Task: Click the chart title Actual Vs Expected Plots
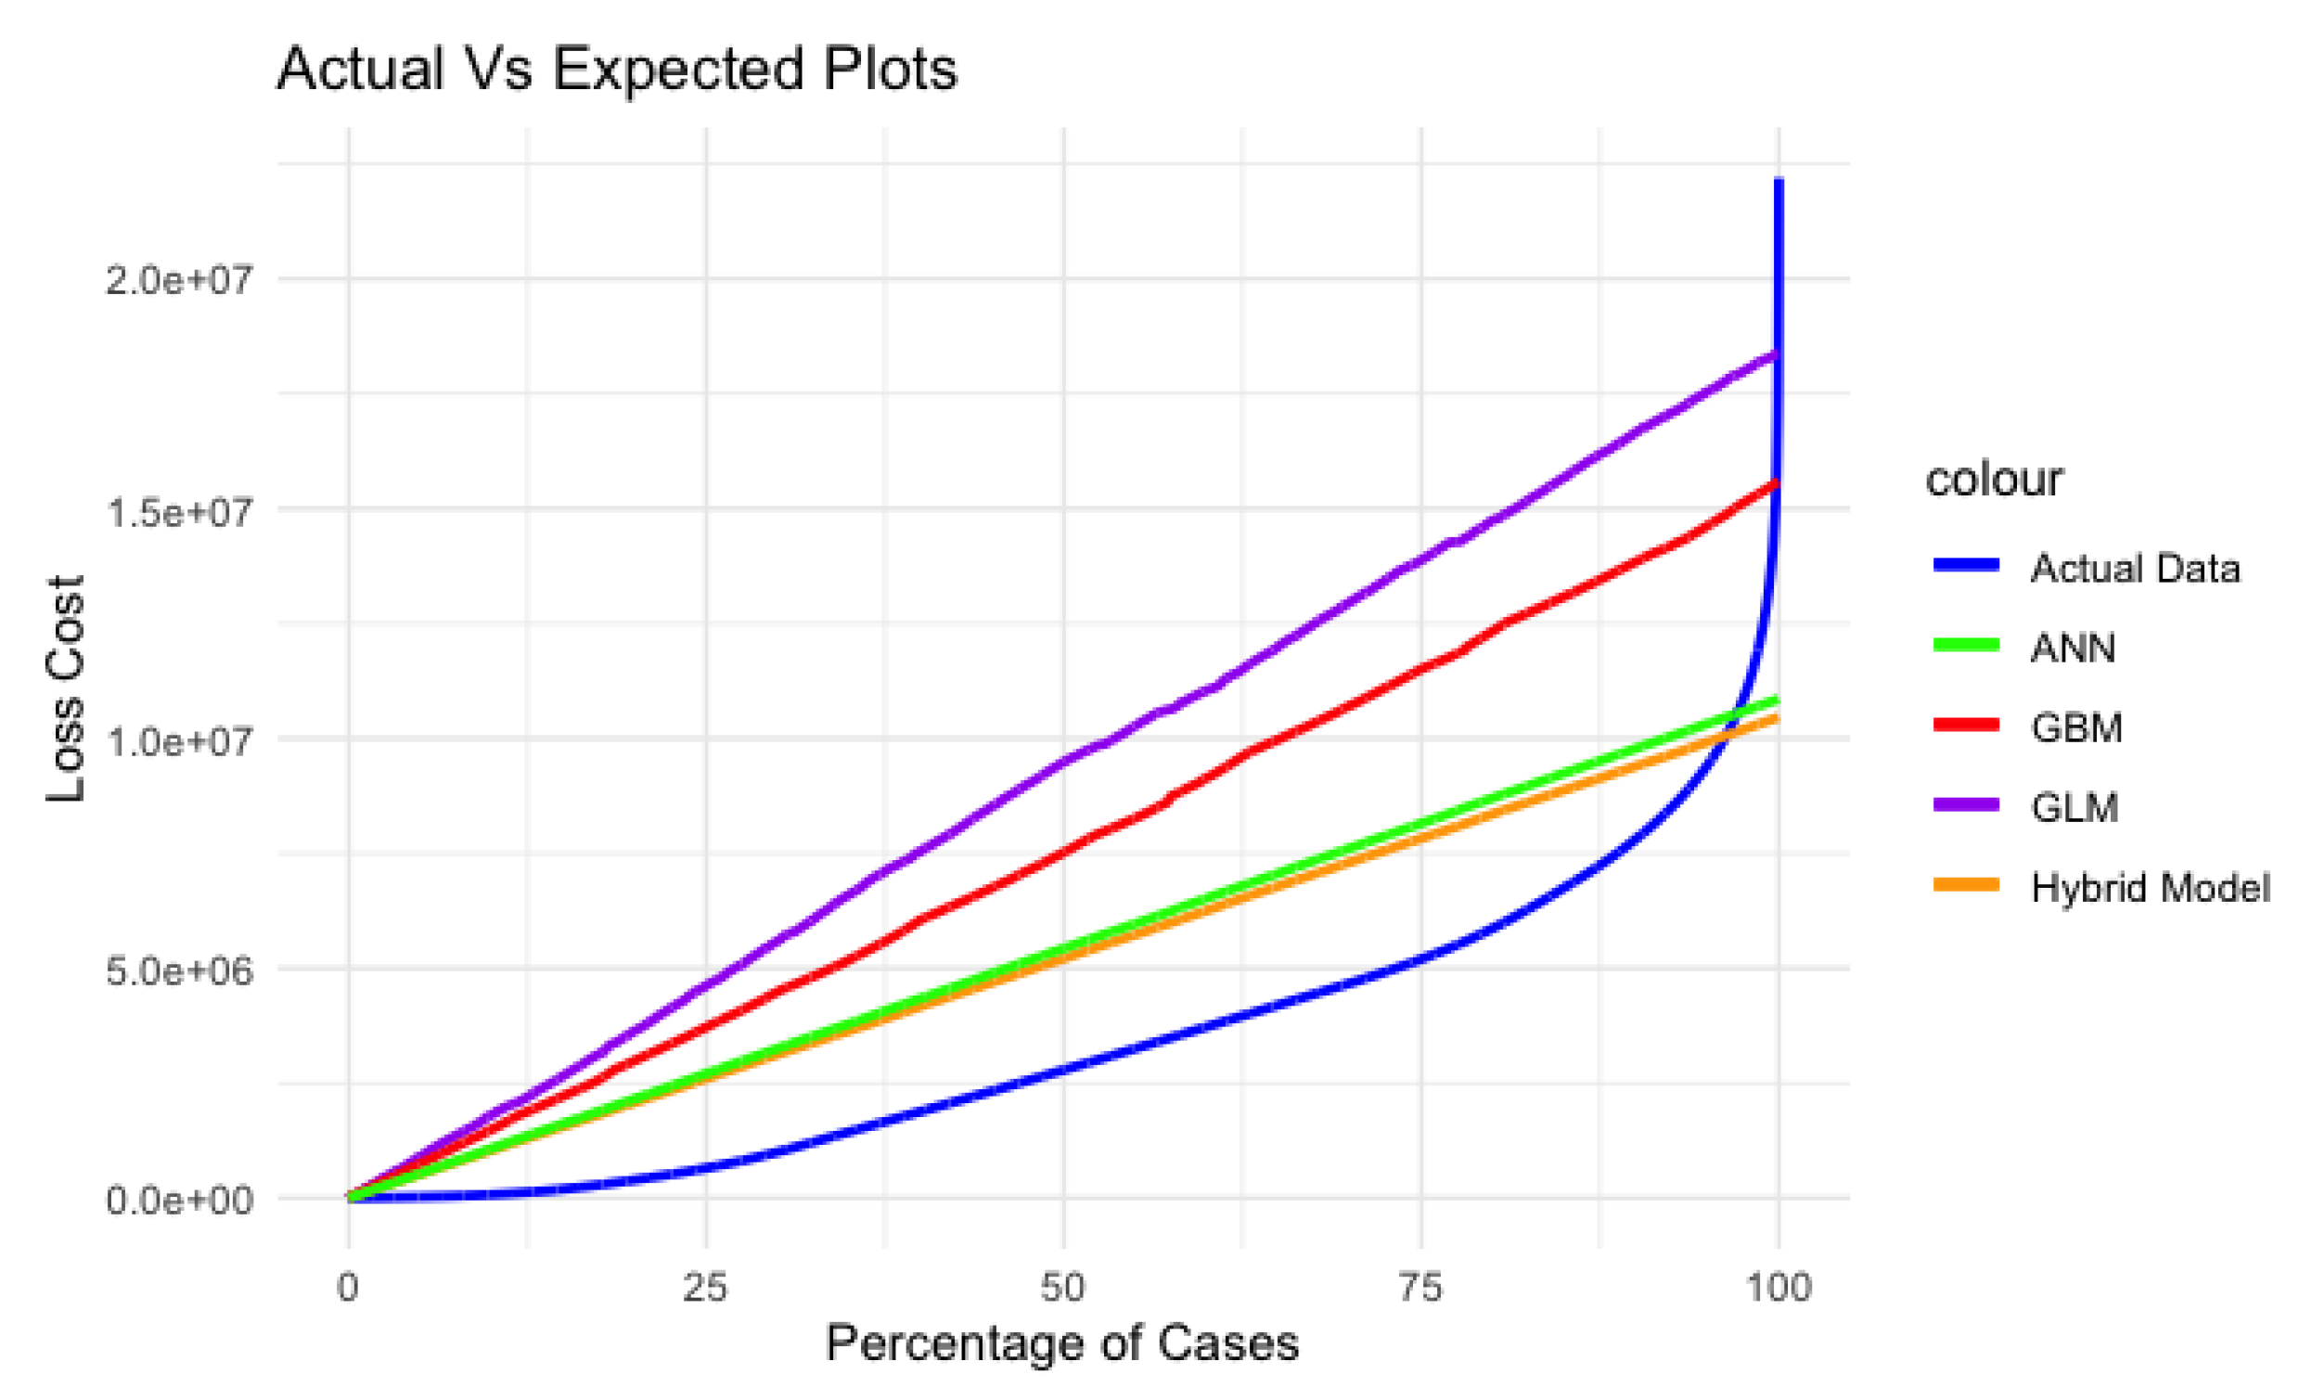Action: point(616,69)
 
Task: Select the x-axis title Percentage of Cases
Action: point(1062,1342)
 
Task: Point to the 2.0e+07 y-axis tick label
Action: point(179,279)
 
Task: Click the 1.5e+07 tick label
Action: point(179,511)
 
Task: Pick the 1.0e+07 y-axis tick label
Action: point(179,740)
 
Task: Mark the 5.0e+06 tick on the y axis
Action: point(179,970)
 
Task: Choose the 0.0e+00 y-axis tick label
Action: point(179,1201)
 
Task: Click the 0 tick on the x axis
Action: point(348,1288)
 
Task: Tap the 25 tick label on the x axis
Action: point(706,1288)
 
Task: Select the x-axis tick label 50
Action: point(1063,1288)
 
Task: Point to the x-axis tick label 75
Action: point(1420,1288)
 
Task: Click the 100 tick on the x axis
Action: point(1779,1288)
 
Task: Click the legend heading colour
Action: point(1994,480)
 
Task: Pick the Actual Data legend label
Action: point(2135,569)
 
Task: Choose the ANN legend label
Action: point(2073,649)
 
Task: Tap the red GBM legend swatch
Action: point(1967,724)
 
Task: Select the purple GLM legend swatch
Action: point(1967,804)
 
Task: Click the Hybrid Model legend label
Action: point(2150,888)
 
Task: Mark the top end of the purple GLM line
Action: point(1774,354)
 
